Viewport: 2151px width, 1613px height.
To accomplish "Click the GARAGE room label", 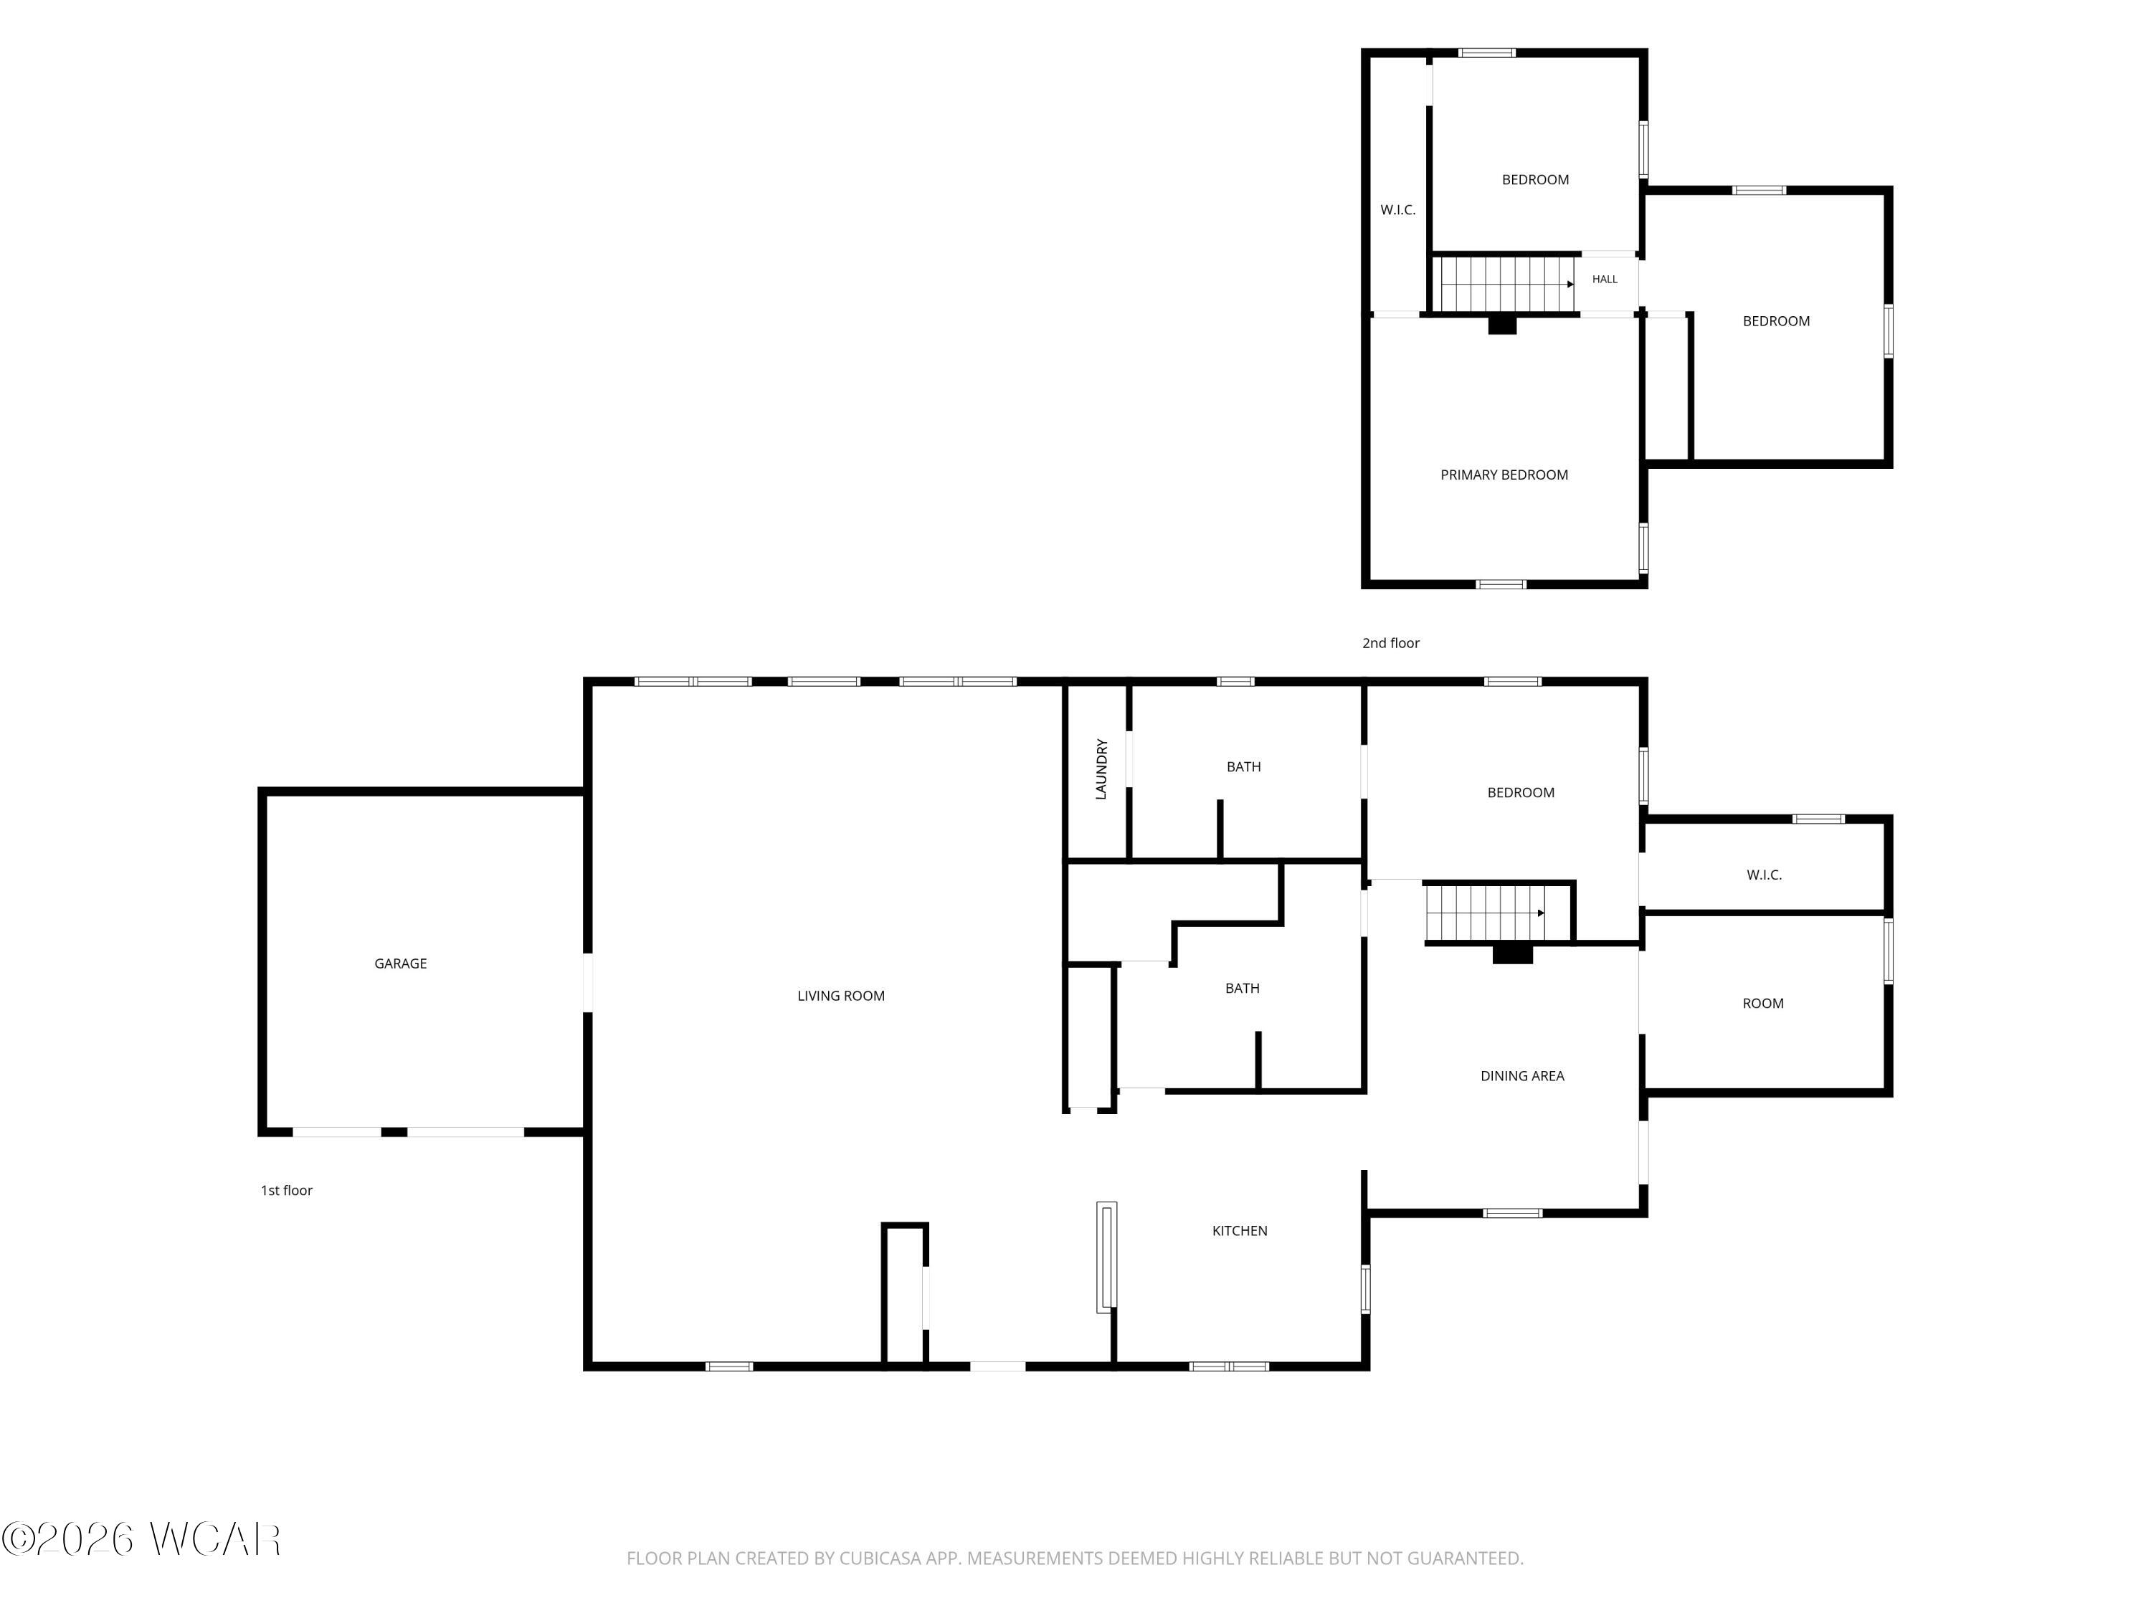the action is point(401,963).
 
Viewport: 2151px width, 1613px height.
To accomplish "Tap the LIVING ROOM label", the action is point(841,996).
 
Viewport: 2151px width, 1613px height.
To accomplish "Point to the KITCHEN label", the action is point(1240,1231).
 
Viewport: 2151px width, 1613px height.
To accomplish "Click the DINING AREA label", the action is point(1522,1075).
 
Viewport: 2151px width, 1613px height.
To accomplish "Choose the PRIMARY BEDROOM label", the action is point(1504,475).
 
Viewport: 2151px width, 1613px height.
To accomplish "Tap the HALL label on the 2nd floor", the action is point(1605,279).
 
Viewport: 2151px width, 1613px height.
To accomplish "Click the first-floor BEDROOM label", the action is point(1521,792).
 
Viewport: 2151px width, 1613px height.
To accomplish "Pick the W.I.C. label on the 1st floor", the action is point(1764,875).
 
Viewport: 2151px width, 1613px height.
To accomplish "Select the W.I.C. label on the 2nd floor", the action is point(1398,210).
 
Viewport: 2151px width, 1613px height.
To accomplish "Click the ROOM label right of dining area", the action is point(1763,1004).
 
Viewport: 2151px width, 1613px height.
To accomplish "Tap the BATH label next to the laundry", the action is point(1244,767).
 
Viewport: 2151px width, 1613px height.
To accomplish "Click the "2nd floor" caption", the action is point(1390,642).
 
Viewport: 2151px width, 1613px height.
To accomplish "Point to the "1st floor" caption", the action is point(287,1190).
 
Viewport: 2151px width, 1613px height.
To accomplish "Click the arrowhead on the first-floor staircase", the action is point(1542,913).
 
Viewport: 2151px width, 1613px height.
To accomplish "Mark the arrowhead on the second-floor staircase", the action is point(1570,284).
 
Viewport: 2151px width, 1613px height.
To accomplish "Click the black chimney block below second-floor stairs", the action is point(1502,325).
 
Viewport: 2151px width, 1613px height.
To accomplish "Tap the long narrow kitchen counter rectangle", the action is point(1106,1257).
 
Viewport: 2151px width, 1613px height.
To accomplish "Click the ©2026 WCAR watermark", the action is point(142,1539).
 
